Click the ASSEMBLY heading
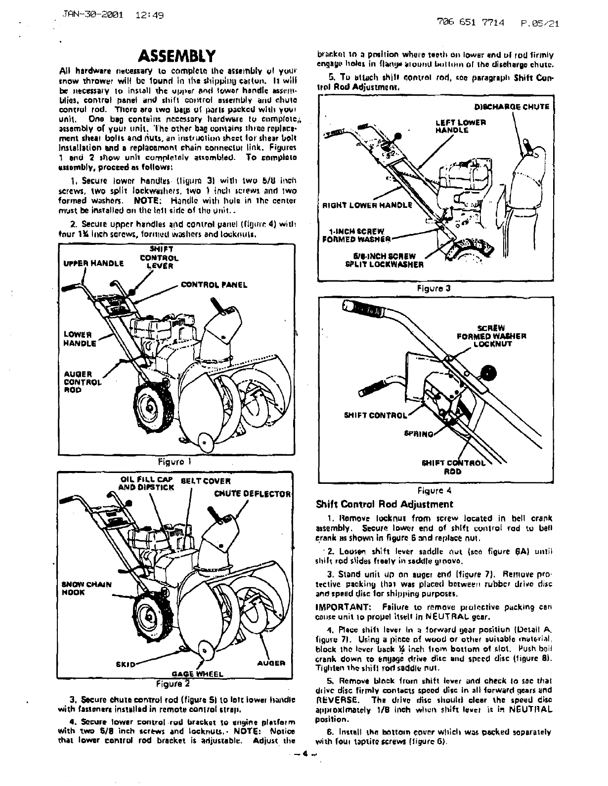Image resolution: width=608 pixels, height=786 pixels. (177, 55)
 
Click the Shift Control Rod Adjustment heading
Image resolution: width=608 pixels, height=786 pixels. (384, 504)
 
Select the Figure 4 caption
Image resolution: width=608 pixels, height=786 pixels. (434, 491)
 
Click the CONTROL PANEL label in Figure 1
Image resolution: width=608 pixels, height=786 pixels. (214, 285)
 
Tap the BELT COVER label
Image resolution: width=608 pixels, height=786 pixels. (206, 481)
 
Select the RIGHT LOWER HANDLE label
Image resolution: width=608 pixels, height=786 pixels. (367, 205)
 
